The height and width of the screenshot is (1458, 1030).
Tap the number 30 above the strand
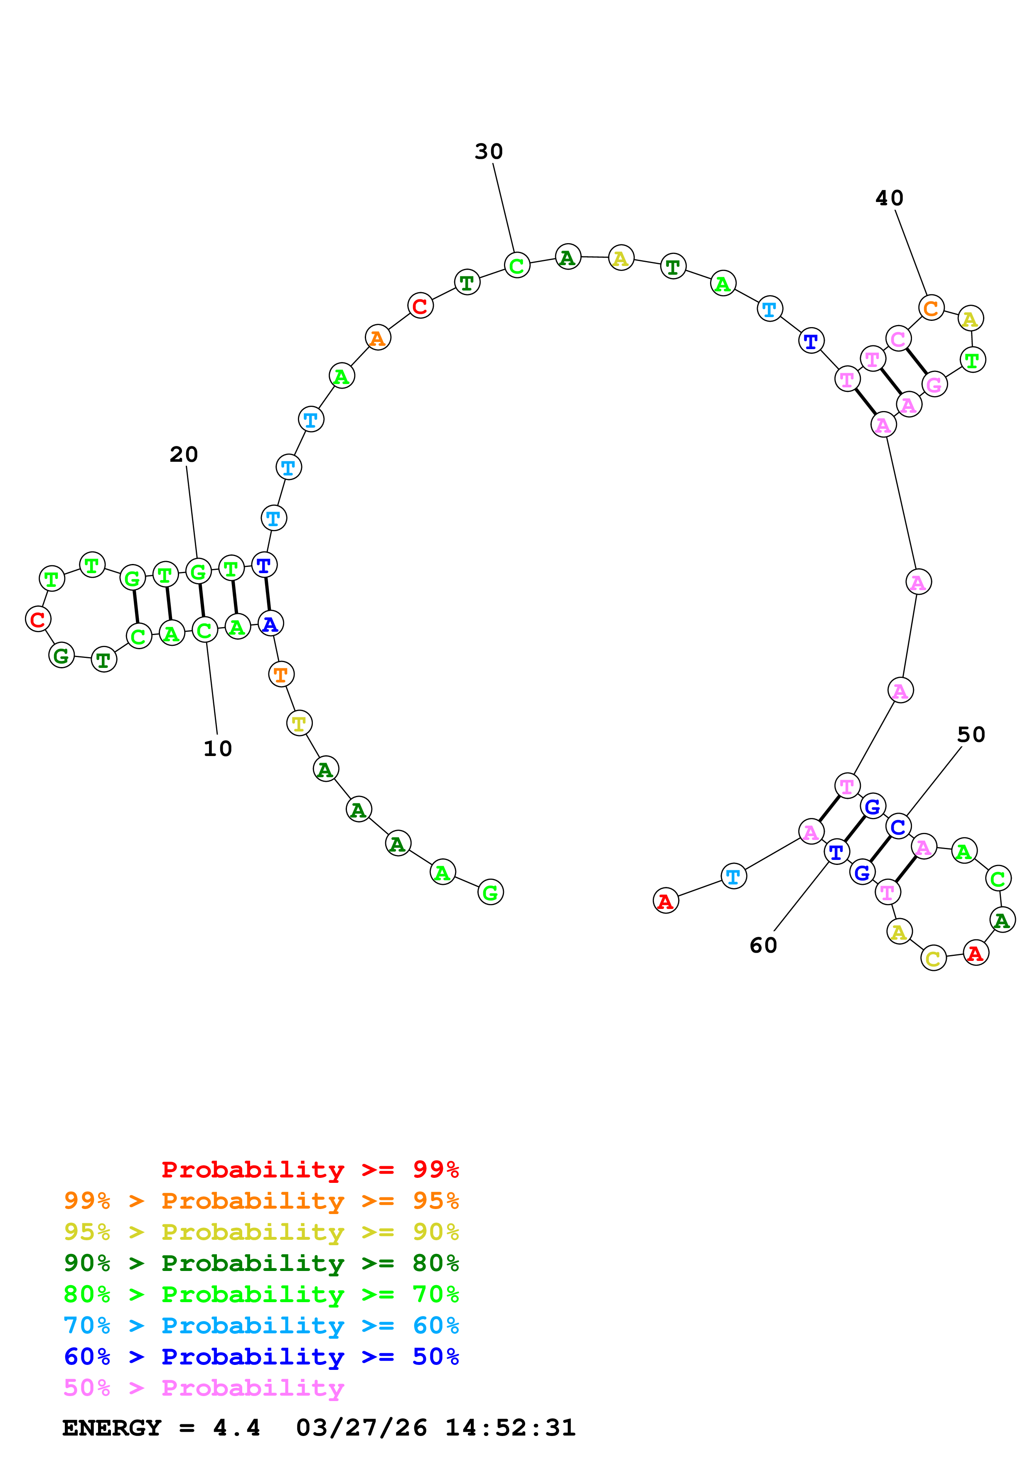pos(489,152)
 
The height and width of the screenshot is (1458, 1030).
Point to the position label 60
pos(763,946)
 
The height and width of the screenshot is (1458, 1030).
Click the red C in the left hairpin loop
pos(38,619)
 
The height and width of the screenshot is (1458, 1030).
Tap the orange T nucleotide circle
pos(281,675)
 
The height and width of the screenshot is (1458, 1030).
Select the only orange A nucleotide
pos(378,338)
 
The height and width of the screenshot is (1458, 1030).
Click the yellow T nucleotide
pos(299,723)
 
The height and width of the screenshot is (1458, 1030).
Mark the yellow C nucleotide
pos(933,958)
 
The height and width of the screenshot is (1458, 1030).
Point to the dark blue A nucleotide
pos(270,624)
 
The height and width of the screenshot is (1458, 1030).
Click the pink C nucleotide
pos(898,339)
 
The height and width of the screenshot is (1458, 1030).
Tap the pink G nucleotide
pos(934,385)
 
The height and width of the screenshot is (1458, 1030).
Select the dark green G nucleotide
pos(61,655)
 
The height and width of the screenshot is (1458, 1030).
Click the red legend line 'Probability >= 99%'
pos(310,1170)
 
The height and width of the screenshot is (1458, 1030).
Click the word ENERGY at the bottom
pos(112,1428)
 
